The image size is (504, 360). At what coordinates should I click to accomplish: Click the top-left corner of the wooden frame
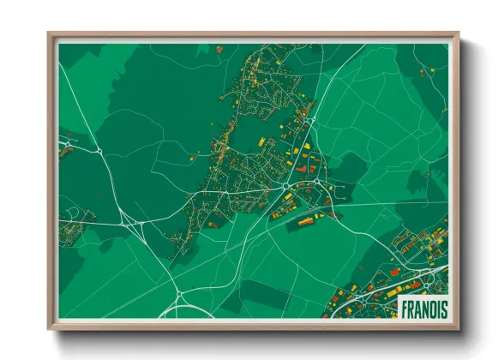[49, 33]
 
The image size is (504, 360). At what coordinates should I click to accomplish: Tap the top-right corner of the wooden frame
[458, 33]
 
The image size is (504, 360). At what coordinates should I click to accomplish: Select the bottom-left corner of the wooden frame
[49, 329]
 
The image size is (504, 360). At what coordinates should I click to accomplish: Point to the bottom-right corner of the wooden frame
[458, 329]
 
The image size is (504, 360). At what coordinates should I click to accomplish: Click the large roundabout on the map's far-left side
[100, 151]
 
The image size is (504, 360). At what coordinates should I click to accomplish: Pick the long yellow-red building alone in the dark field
[305, 222]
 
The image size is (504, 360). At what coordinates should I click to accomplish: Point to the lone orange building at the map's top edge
[219, 50]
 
